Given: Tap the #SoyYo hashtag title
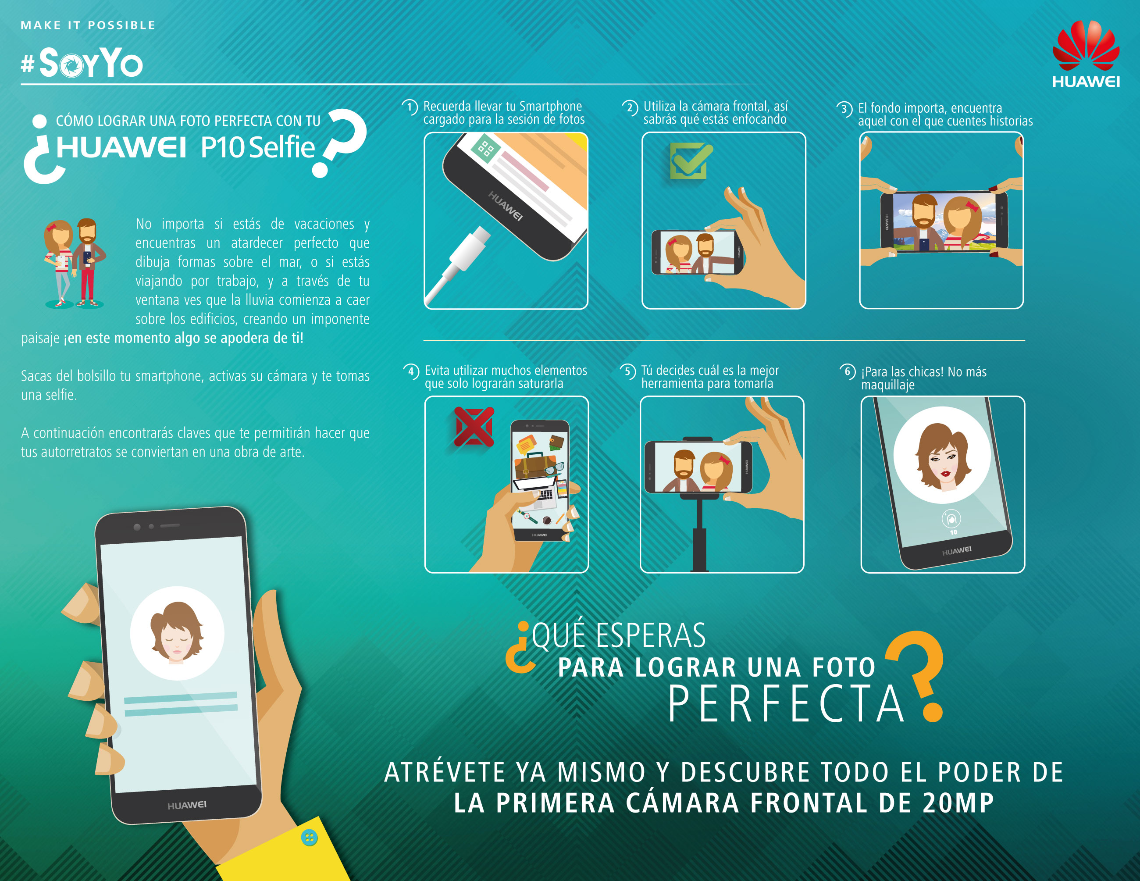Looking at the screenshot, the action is [x=82, y=63].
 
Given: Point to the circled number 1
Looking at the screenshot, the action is [x=410, y=107].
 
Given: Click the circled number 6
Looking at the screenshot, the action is [x=847, y=371].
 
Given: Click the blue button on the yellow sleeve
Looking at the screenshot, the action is [x=310, y=838].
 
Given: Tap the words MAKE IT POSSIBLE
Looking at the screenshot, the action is [x=88, y=25].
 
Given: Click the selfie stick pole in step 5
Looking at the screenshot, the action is [x=699, y=538].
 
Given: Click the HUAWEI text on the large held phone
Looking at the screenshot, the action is [x=187, y=805].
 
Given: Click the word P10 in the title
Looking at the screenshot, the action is [x=222, y=148].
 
